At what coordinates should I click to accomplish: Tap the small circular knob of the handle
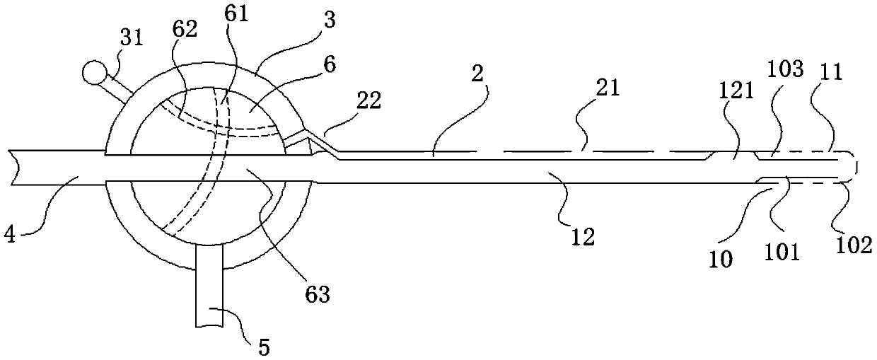point(93,71)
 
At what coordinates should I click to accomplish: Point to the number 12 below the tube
point(583,237)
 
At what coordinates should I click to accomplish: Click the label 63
point(317,294)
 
